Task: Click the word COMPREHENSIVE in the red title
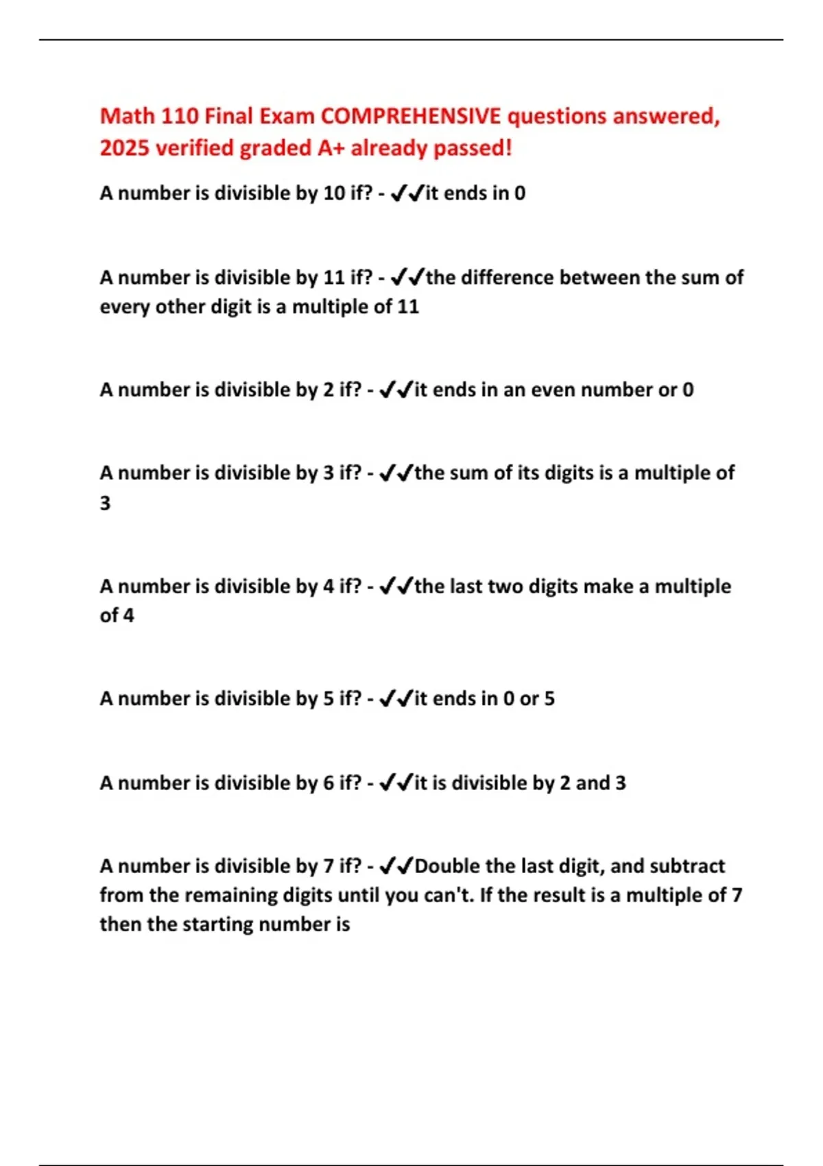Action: (411, 116)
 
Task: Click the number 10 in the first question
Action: (334, 193)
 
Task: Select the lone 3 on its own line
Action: (105, 503)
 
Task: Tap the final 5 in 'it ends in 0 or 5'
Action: (549, 698)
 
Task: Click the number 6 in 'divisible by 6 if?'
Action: (329, 783)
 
